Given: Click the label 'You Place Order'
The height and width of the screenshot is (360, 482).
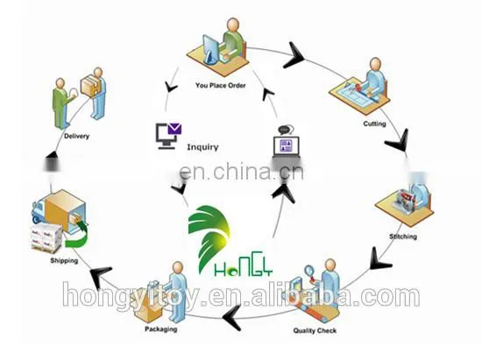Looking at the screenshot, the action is point(221,85).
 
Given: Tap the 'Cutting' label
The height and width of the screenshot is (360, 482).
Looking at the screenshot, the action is point(374,124).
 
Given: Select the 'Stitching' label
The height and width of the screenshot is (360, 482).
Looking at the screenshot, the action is point(403,236).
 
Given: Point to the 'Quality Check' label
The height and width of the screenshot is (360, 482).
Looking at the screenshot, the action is point(315,330).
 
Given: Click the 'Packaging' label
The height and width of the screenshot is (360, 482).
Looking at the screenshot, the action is point(160,329).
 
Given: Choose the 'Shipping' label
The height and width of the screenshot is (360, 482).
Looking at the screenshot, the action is point(64,260).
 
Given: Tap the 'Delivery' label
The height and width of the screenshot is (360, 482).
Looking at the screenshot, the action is point(76,136).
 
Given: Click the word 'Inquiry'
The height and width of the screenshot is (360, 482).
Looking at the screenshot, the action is point(202,147).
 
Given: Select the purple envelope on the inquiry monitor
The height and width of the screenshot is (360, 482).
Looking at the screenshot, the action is point(174,129).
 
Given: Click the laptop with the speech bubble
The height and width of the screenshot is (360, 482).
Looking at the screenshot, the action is point(287,143).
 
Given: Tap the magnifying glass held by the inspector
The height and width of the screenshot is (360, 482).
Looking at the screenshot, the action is point(309,272).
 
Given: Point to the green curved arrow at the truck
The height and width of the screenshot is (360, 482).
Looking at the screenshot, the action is point(76,235).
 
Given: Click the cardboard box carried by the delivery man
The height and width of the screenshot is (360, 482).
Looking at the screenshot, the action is point(90,85).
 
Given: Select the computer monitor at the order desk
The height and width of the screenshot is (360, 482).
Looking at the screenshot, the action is point(210,49).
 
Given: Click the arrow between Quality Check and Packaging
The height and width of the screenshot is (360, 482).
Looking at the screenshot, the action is point(232,318).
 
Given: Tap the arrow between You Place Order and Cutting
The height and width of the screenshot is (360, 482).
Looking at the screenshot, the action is point(294,56).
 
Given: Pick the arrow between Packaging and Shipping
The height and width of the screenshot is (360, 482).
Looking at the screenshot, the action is point(100,278).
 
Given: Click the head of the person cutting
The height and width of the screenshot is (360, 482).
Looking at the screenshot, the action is point(375,64).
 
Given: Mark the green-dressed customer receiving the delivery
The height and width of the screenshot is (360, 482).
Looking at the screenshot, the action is point(61,102).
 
